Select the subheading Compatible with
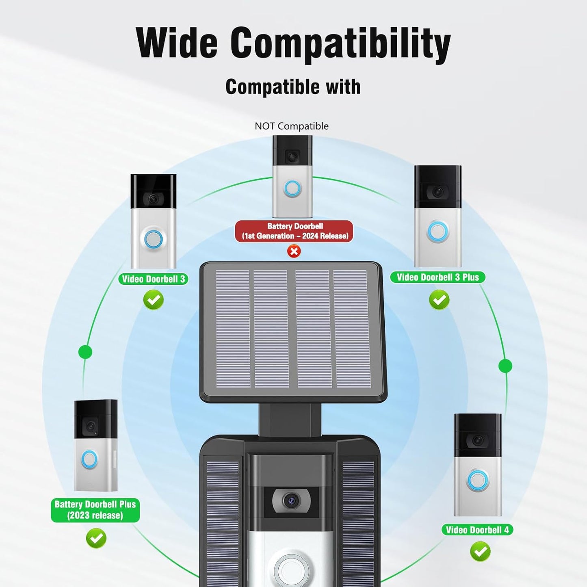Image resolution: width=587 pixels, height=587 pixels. [x=293, y=87]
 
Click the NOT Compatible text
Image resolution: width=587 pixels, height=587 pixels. [x=292, y=126]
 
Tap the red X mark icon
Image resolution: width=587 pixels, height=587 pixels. [x=294, y=251]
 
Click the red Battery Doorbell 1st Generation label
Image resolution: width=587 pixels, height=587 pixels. [x=294, y=231]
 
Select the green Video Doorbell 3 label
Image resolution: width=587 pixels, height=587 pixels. [x=153, y=279]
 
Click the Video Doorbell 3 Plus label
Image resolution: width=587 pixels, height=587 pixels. [x=438, y=277]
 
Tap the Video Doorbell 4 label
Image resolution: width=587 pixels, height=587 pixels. [x=477, y=530]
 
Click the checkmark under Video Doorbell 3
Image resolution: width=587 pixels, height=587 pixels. [x=154, y=300]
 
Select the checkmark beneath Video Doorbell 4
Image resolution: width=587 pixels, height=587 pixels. [x=481, y=551]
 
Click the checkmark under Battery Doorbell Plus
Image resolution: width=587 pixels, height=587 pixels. [x=96, y=538]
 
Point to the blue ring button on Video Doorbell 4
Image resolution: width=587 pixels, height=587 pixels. [x=478, y=481]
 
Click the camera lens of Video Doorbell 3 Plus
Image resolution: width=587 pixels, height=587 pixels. [x=438, y=192]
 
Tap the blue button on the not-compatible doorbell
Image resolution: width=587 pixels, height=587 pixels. [x=293, y=188]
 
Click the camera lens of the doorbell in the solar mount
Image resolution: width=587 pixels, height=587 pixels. [x=291, y=500]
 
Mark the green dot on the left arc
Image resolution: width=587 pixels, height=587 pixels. [x=85, y=352]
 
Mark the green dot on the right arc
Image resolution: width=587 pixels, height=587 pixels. [x=505, y=366]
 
